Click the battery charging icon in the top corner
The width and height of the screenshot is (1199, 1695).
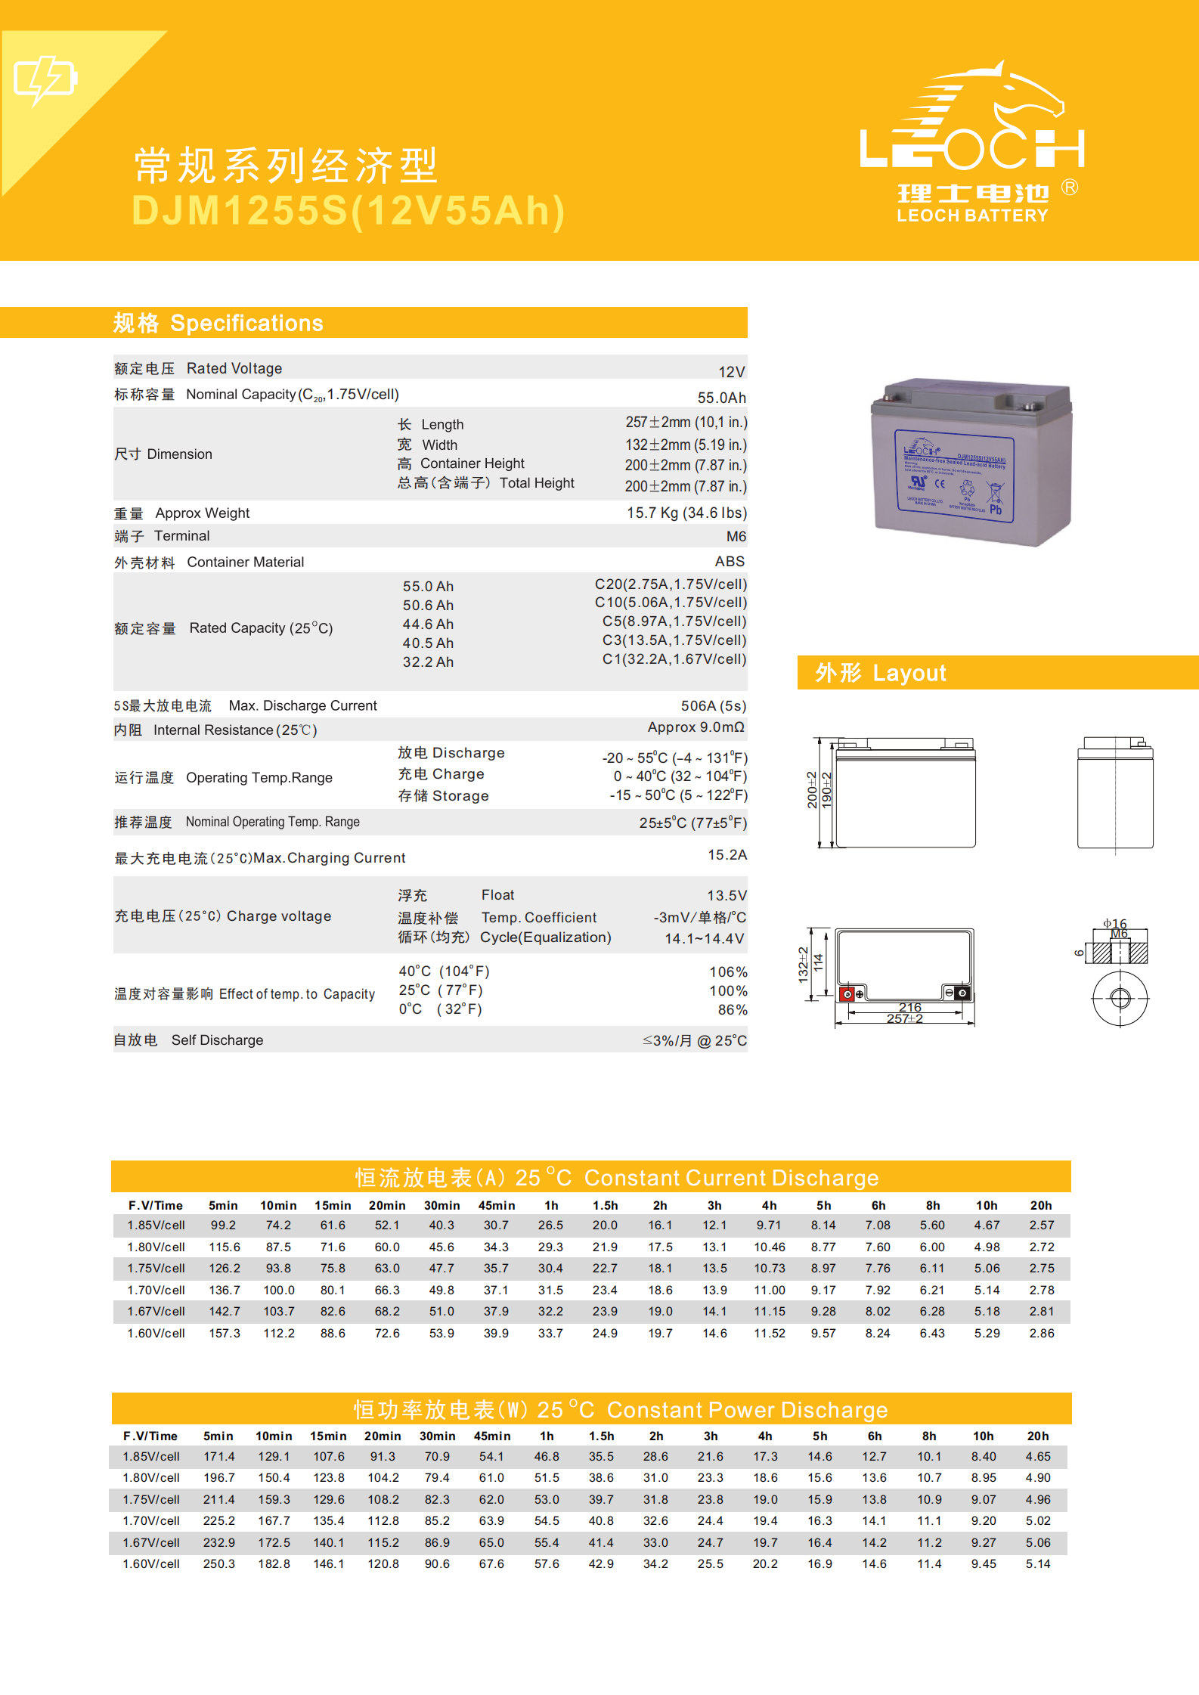pos(45,79)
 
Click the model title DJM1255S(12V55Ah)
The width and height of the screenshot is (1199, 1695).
pos(349,211)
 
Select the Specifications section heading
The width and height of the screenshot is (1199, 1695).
pos(218,323)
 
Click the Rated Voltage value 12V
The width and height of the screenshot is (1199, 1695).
pos(731,372)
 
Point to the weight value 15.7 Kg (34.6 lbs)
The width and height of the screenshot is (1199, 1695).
pos(686,513)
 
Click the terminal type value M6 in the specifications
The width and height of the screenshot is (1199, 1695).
pos(736,536)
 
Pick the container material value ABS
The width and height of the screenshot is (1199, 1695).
pos(730,561)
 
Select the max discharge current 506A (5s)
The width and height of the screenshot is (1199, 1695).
pos(713,705)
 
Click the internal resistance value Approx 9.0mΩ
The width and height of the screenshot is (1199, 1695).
pos(696,727)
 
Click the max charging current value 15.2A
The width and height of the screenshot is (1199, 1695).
pos(727,854)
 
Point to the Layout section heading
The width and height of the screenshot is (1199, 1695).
pos(881,673)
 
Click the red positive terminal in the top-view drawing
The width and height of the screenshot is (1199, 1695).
pos(848,993)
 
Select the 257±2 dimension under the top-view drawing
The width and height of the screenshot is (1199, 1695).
pos(904,1019)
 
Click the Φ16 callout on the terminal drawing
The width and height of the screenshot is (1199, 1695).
pos(1114,923)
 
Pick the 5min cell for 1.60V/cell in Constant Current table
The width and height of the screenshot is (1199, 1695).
pos(225,1333)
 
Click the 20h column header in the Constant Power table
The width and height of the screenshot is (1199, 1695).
pos(1037,1436)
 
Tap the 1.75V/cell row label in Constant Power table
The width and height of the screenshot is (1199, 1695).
pos(151,1499)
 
